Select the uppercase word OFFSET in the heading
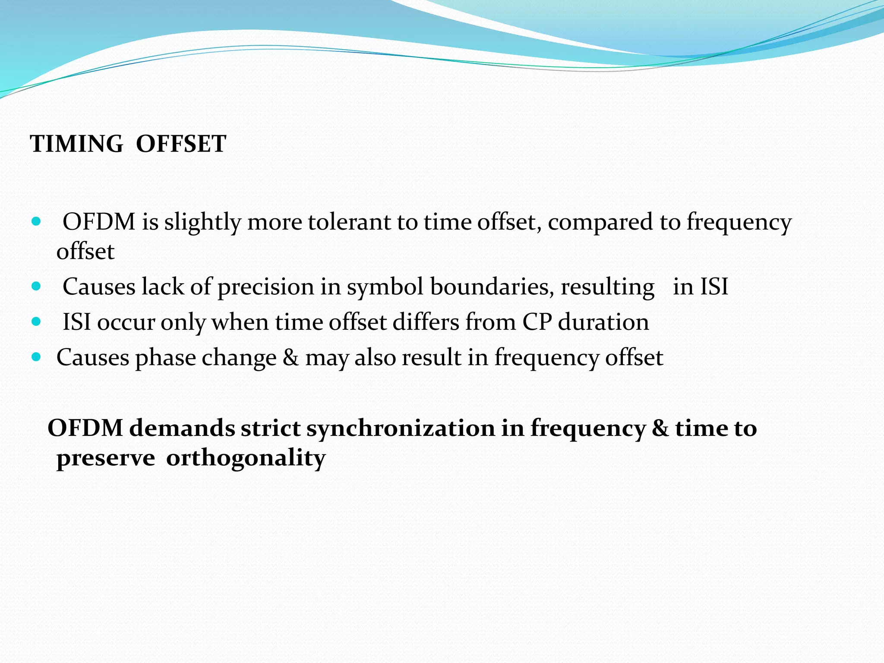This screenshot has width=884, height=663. [181, 144]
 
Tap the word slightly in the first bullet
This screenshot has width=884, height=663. [202, 223]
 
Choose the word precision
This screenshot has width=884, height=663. [265, 287]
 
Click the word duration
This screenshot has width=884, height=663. [603, 322]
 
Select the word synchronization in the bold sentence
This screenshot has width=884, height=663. [400, 428]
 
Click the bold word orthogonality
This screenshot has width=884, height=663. [246, 458]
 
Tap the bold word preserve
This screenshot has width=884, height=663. [106, 458]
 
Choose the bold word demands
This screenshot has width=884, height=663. [182, 428]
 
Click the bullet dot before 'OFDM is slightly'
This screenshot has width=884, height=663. [36, 222]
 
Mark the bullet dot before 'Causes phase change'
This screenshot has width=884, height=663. [36, 357]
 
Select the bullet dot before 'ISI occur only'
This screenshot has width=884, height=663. [36, 322]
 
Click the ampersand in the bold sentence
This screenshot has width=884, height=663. [660, 428]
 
